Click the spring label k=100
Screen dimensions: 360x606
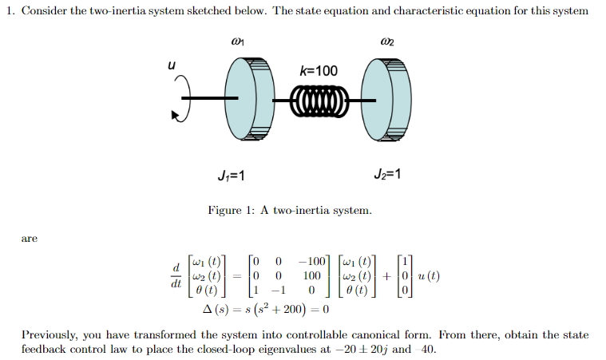click(318, 71)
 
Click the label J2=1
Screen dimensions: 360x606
click(387, 175)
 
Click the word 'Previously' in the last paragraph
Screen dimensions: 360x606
click(49, 334)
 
